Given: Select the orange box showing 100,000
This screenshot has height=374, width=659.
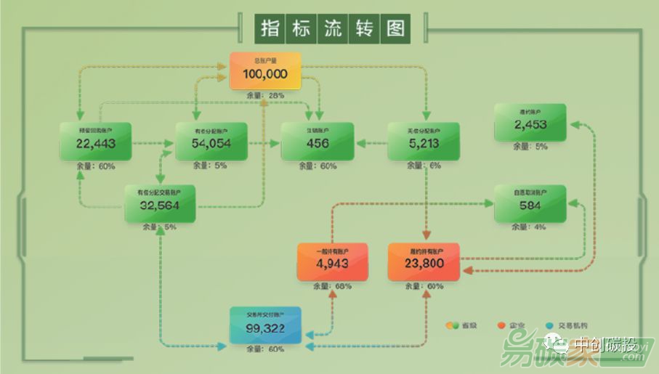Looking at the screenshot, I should (x=265, y=71).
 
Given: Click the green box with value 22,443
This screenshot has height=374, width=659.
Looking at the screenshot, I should (x=95, y=141).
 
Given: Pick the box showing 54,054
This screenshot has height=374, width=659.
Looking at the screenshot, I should (x=211, y=141).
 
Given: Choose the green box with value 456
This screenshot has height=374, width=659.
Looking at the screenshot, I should (x=318, y=141).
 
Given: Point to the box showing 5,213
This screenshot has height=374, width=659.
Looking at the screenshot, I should (x=424, y=141).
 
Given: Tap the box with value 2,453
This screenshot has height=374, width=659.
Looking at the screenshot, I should (x=530, y=122).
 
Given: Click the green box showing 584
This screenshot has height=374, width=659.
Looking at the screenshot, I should (x=530, y=203).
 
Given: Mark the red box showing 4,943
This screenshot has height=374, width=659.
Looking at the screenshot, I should (x=333, y=261).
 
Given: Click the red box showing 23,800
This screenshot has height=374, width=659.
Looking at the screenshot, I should (x=424, y=261).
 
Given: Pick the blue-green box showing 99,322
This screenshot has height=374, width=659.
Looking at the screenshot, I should (x=265, y=325).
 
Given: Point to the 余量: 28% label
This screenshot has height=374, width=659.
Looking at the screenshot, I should (x=265, y=95).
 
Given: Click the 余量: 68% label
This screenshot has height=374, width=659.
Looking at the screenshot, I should (x=333, y=286).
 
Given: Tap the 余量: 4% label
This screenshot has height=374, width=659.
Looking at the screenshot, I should (x=530, y=227).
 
